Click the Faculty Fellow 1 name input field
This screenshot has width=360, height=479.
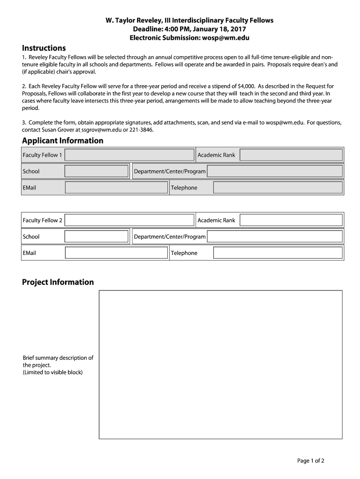tap(130, 155)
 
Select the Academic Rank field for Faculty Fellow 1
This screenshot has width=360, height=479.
tap(291, 155)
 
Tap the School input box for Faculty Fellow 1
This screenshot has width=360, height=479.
tap(96, 171)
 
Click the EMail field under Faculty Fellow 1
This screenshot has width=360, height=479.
tap(116, 188)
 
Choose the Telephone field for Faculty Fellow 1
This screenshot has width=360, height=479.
tap(278, 188)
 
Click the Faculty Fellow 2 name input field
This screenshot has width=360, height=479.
tap(130, 220)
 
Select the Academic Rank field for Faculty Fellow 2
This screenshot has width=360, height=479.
tap(291, 220)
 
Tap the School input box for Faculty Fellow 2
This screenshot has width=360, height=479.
tap(96, 237)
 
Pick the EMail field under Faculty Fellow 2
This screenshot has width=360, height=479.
tap(116, 253)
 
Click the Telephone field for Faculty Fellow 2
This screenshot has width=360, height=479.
tap(278, 253)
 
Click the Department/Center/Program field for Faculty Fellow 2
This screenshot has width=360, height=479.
tap(275, 237)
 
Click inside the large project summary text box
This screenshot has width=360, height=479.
tap(220, 364)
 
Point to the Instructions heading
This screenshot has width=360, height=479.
tap(44, 48)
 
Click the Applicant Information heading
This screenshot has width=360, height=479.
tap(63, 141)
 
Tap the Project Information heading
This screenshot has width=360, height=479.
tap(58, 282)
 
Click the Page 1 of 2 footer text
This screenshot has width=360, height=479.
tap(310, 461)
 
